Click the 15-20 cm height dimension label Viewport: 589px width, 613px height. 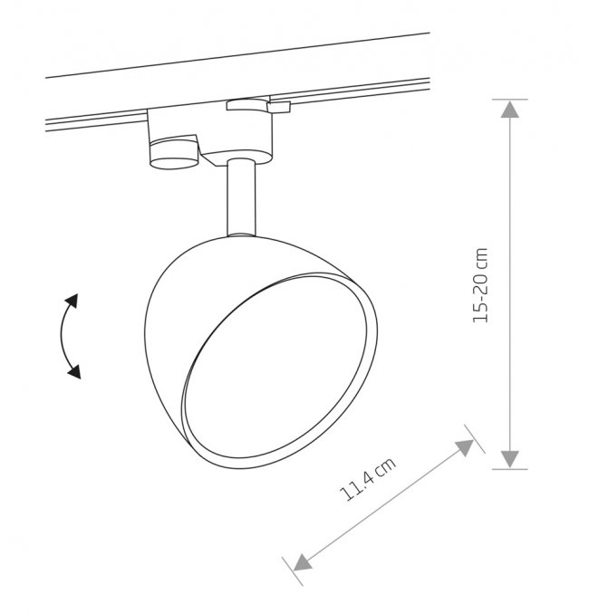[480, 285]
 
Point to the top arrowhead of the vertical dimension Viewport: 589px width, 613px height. [509, 110]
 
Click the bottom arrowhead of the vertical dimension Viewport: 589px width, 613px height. [509, 458]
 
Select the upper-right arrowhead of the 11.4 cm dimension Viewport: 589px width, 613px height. [466, 447]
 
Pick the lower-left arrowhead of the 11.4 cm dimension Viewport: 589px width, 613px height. [302, 562]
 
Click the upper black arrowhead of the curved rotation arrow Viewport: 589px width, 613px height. [72, 301]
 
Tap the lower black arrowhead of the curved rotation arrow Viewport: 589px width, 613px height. [74, 371]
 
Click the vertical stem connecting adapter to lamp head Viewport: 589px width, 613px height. [241, 197]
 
